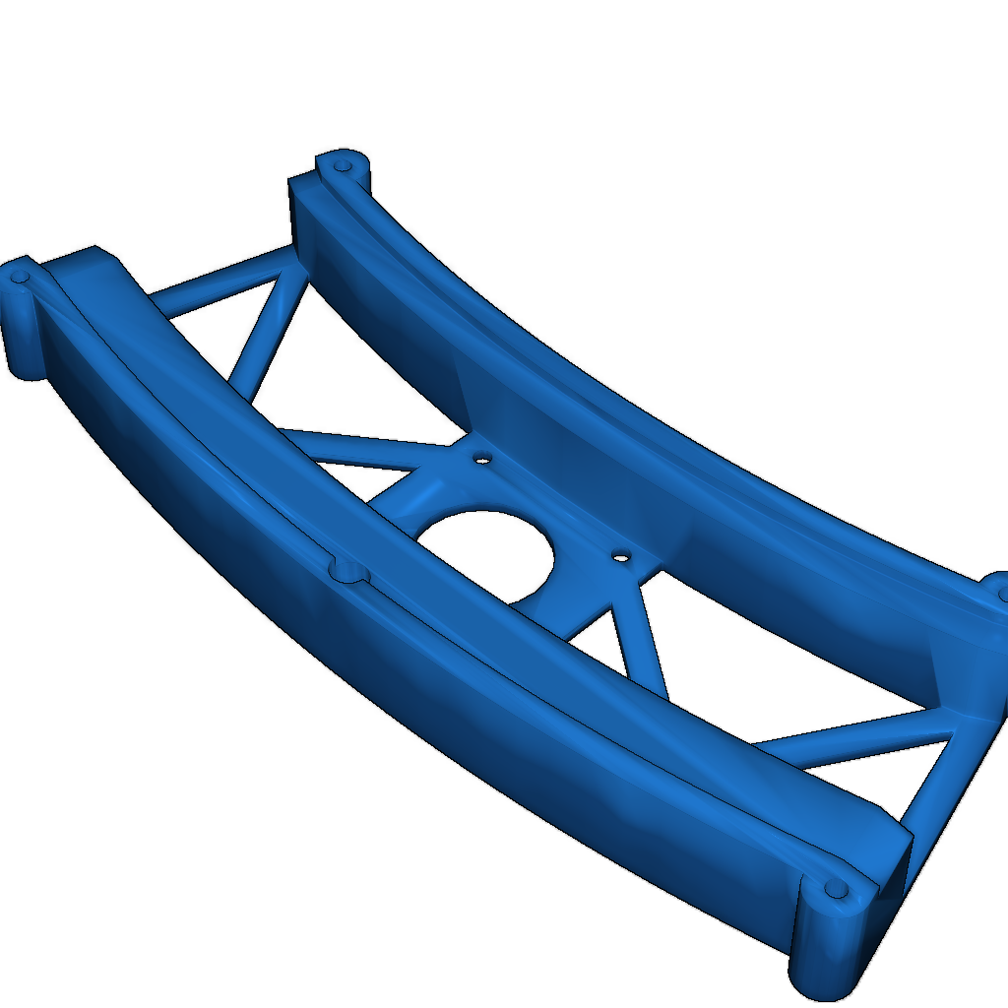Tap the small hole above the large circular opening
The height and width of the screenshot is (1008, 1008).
click(x=482, y=458)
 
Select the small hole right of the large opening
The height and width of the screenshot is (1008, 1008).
click(x=620, y=557)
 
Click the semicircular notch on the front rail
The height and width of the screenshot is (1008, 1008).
click(x=346, y=569)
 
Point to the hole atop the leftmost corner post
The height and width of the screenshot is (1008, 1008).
click(x=19, y=278)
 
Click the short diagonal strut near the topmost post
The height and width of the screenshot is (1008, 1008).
click(x=264, y=330)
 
